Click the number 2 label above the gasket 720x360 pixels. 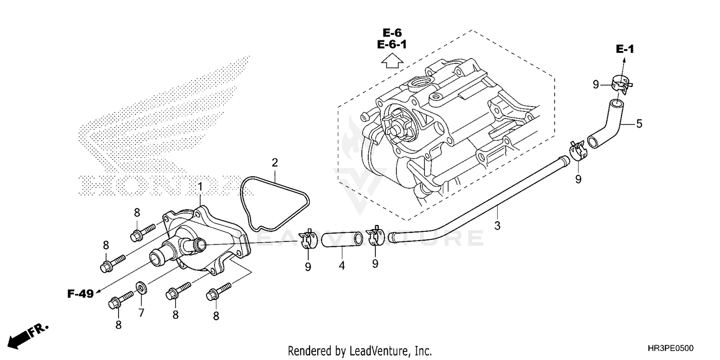click(275, 163)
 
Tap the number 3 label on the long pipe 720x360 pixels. click(497, 225)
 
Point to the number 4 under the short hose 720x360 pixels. click(341, 264)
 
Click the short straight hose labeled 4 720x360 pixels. click(341, 240)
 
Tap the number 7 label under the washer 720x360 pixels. click(141, 313)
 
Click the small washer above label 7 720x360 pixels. click(141, 288)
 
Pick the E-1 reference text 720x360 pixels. click(625, 49)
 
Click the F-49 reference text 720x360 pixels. click(80, 294)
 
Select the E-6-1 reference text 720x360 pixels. click(392, 45)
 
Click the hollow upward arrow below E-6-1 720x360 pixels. click(392, 61)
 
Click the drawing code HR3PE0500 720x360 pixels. click(670, 348)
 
